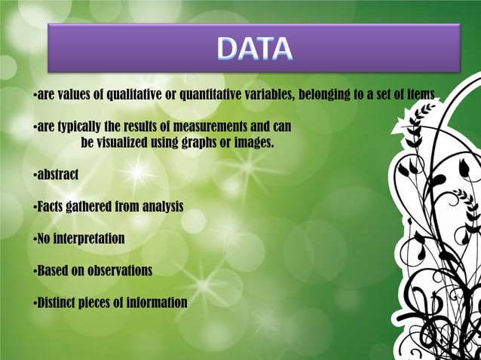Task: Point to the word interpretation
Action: click(90, 238)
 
